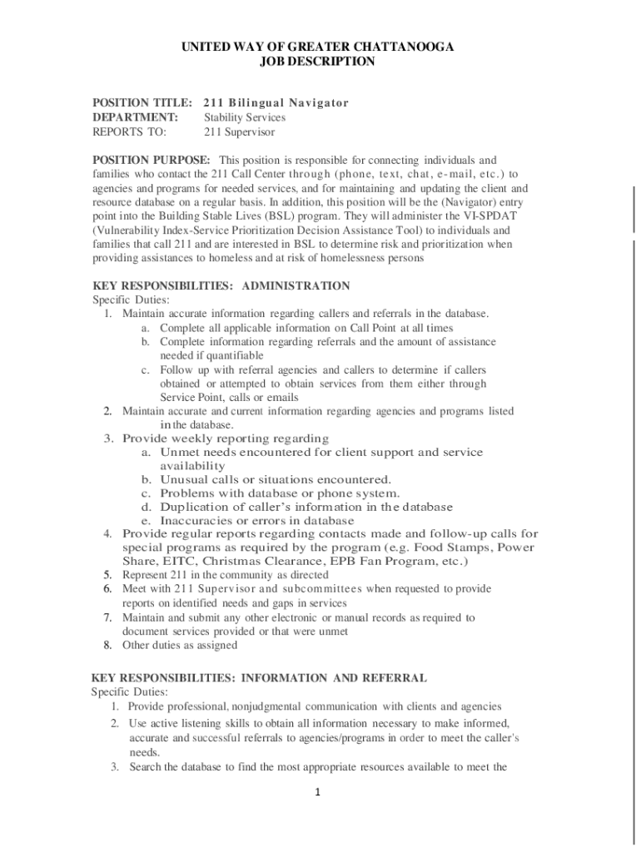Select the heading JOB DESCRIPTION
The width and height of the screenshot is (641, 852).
pyautogui.click(x=317, y=61)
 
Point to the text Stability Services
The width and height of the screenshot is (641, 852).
pyautogui.click(x=245, y=117)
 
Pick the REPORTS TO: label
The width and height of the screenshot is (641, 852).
pyautogui.click(x=129, y=131)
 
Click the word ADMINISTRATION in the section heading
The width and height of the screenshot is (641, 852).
pyautogui.click(x=296, y=285)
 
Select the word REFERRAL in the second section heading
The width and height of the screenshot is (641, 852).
pyautogui.click(x=390, y=678)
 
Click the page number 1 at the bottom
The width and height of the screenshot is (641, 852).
pyautogui.click(x=317, y=791)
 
